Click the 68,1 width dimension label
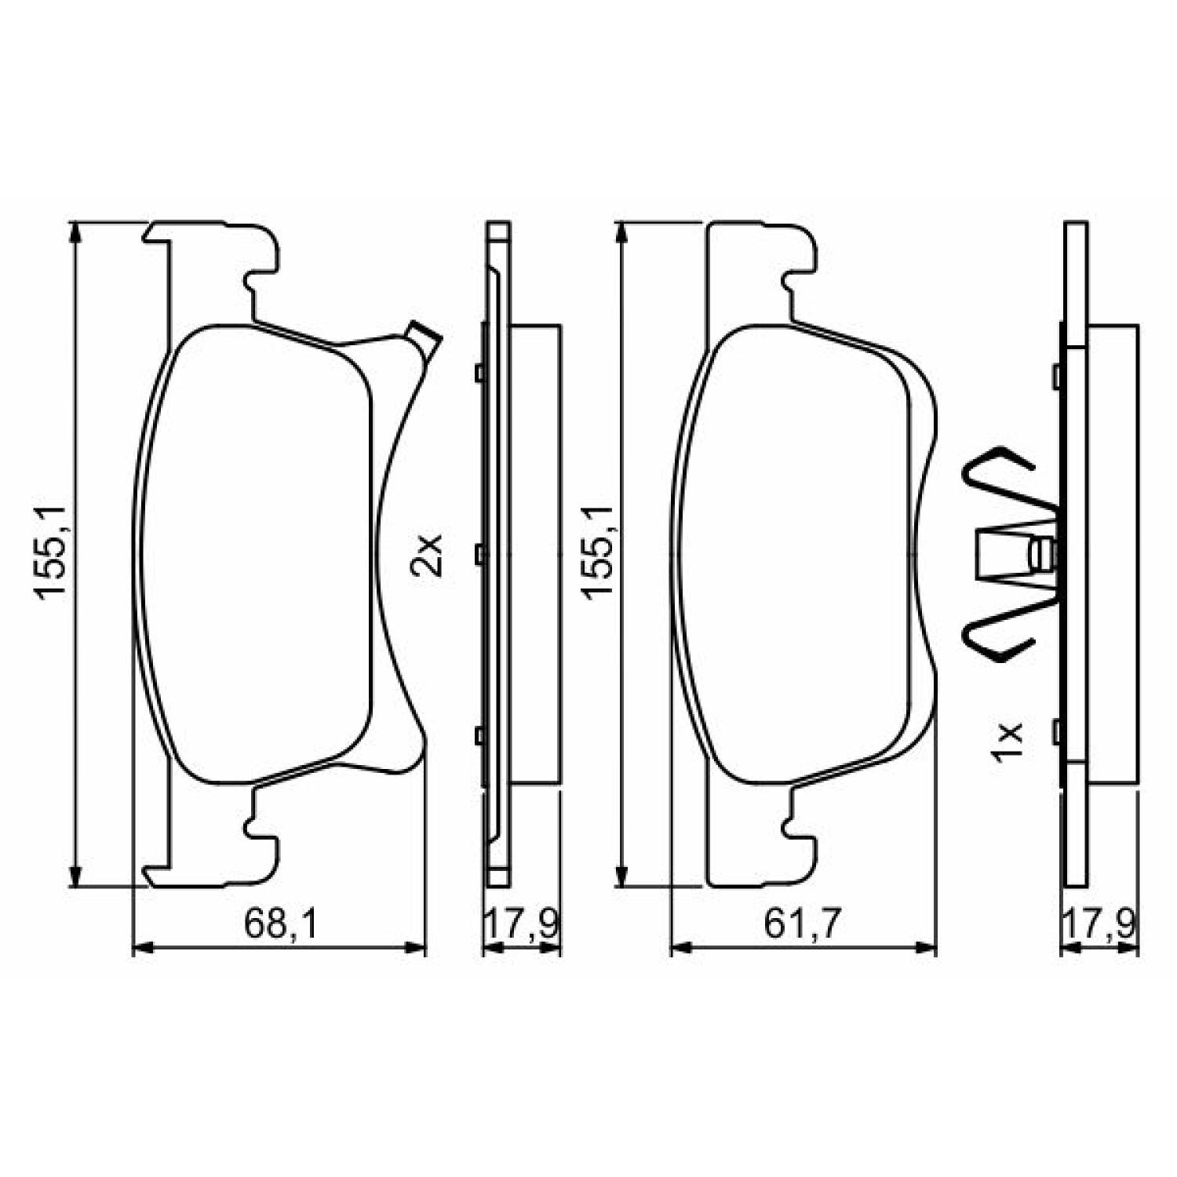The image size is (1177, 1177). click(x=279, y=924)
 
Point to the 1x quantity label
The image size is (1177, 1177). click(x=1008, y=741)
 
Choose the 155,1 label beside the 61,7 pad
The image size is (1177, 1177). click(x=599, y=553)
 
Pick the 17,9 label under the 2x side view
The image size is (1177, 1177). click(x=521, y=924)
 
